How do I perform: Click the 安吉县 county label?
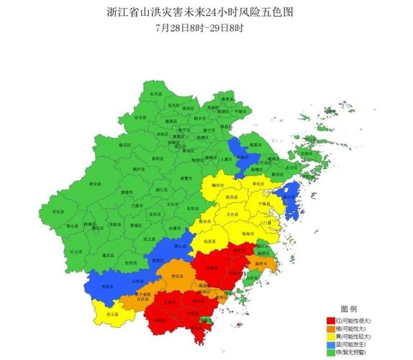coord(141,117)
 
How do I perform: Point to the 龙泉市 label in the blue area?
coord(109,286)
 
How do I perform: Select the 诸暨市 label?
coord(186,178)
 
